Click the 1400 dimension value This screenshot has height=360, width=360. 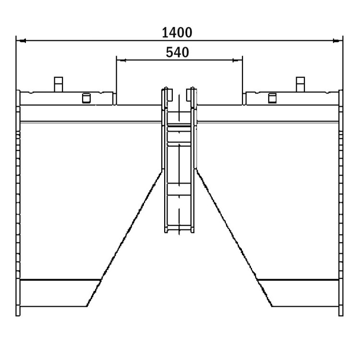tap(177, 33)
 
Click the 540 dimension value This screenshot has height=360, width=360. tap(177, 52)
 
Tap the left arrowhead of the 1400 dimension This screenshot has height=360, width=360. tap(22, 41)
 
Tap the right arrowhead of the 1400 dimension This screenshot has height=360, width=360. tap(336, 41)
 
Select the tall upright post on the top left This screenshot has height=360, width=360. tap(59, 84)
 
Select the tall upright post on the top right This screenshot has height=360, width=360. tap(300, 84)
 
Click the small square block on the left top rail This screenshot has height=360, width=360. tap(86, 98)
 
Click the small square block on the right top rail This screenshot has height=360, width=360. tap(272, 98)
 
